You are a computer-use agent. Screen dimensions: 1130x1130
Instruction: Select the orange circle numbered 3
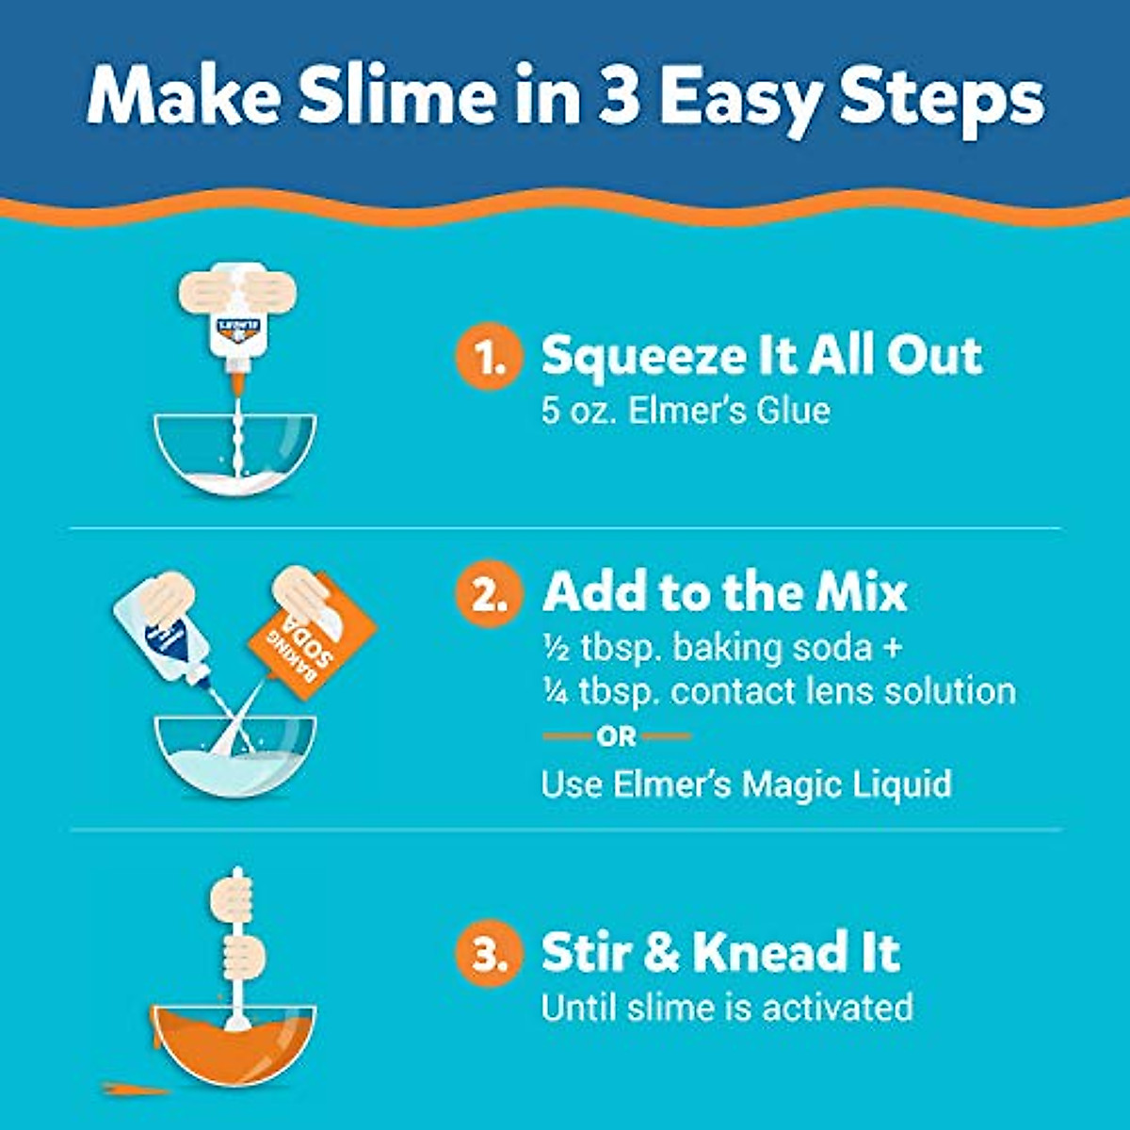click(x=487, y=954)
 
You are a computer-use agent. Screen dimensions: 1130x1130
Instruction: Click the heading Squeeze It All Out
click(x=761, y=356)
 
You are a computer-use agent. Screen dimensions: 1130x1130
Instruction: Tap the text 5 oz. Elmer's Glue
click(x=686, y=411)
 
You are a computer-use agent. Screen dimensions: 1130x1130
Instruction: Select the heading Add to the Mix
click(x=724, y=592)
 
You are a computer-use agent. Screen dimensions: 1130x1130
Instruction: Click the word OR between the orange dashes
click(x=617, y=736)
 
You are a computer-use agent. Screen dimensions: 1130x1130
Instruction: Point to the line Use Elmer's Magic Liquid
click(x=746, y=783)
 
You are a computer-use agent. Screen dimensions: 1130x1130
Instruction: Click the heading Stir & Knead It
click(x=720, y=952)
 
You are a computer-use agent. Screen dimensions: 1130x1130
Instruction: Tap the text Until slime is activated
click(x=727, y=1007)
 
